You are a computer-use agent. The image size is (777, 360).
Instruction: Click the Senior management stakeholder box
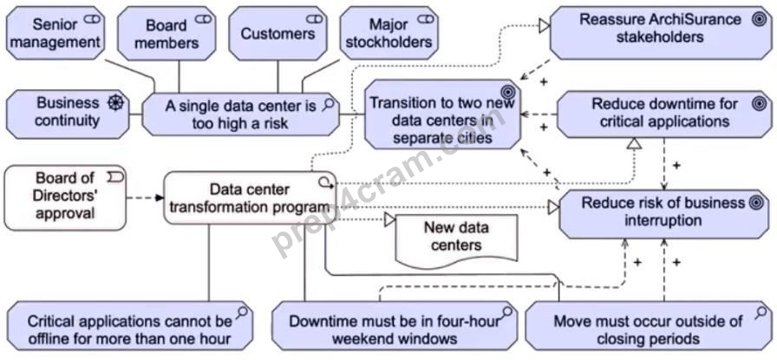pyautogui.click(x=55, y=33)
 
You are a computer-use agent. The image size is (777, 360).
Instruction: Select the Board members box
pyautogui.click(x=166, y=33)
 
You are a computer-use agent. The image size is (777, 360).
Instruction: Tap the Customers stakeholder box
pyautogui.click(x=278, y=33)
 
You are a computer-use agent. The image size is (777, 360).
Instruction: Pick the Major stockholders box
pyautogui.click(x=389, y=33)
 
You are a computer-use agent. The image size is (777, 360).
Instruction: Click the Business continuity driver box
pyautogui.click(x=68, y=114)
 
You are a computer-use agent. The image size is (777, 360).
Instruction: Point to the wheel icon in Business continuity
pyautogui.click(x=115, y=102)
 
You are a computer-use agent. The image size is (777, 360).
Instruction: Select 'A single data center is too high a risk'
pyautogui.click(x=241, y=114)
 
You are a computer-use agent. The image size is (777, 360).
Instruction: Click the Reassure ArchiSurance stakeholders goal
pyautogui.click(x=661, y=33)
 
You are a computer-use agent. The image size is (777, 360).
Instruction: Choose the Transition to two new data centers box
pyautogui.click(x=442, y=114)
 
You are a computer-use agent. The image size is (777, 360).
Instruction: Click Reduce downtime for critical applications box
pyautogui.click(x=664, y=114)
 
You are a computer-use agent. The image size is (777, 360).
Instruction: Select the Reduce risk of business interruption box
pyautogui.click(x=665, y=213)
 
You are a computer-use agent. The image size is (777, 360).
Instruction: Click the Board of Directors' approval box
pyautogui.click(x=65, y=198)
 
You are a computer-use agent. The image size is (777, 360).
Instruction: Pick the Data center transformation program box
pyautogui.click(x=251, y=198)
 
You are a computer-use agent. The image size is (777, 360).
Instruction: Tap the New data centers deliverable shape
pyautogui.click(x=456, y=240)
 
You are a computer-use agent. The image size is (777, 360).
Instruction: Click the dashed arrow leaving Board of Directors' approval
pyautogui.click(x=145, y=198)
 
